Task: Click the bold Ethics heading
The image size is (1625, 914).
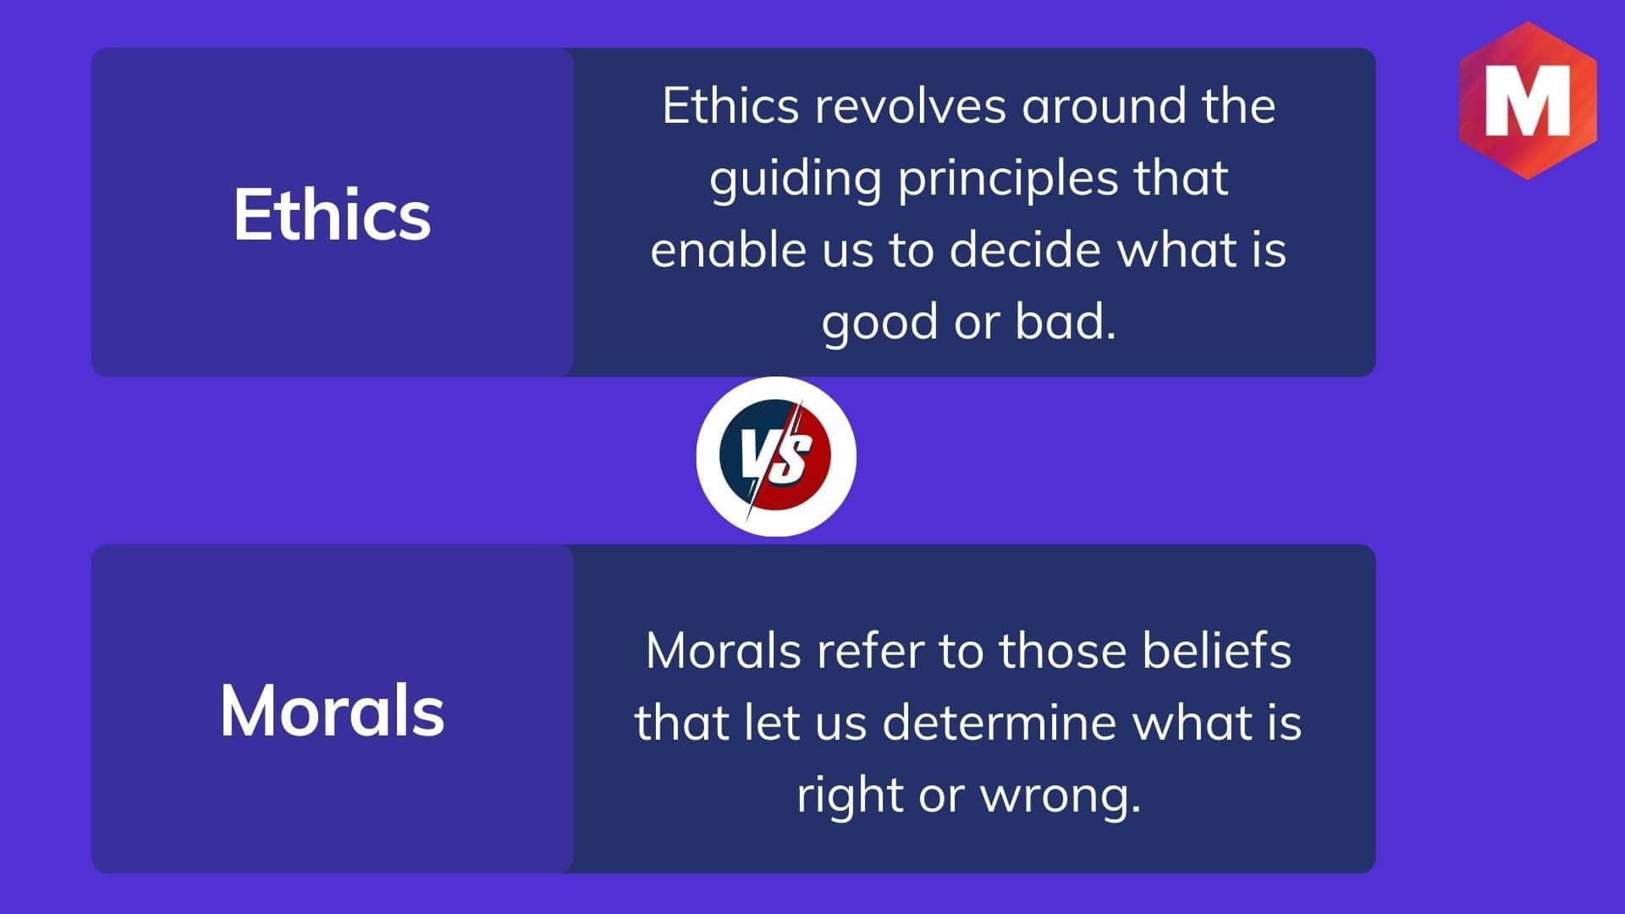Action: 332,214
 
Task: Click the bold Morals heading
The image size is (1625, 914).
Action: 332,711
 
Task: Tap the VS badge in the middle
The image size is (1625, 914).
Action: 776,456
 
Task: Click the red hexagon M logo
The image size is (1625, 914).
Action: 1528,101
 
